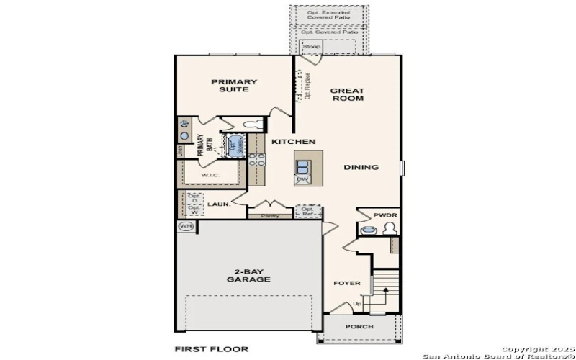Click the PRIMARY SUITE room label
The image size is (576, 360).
coord(234,86)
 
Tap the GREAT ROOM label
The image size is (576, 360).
coord(347,94)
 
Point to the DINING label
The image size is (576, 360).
coord(361,168)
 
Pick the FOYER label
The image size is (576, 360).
coord(346,283)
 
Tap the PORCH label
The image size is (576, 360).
coord(359,327)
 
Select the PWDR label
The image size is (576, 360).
coord(385,216)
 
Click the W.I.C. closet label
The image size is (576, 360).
coord(210,176)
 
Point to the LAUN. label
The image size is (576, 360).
coord(219,204)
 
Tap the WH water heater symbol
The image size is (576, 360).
coord(186,227)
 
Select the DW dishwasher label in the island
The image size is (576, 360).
coord(303,179)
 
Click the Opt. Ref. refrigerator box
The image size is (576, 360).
coord(308,212)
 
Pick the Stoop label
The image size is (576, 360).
coord(311,47)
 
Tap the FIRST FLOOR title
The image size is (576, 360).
coord(212,349)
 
